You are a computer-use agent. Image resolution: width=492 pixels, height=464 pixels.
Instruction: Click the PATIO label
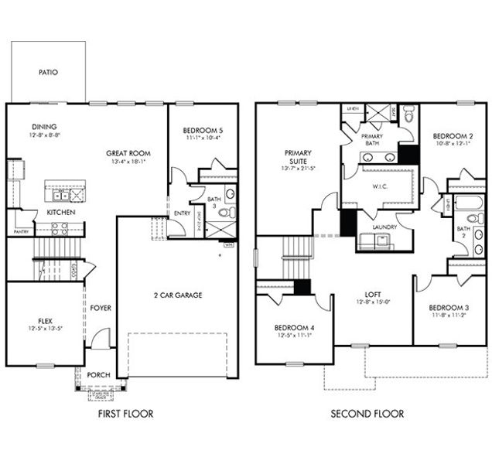coord(48,73)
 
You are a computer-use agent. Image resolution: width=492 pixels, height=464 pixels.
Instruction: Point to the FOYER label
coord(101,308)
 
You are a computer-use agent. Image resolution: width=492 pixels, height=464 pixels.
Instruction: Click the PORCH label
coord(98,375)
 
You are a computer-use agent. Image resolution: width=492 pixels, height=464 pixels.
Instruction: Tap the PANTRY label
coord(21,231)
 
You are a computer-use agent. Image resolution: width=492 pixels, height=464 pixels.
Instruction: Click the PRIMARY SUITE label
coord(297,157)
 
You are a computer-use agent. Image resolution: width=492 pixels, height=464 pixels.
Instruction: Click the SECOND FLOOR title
coord(367,414)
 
